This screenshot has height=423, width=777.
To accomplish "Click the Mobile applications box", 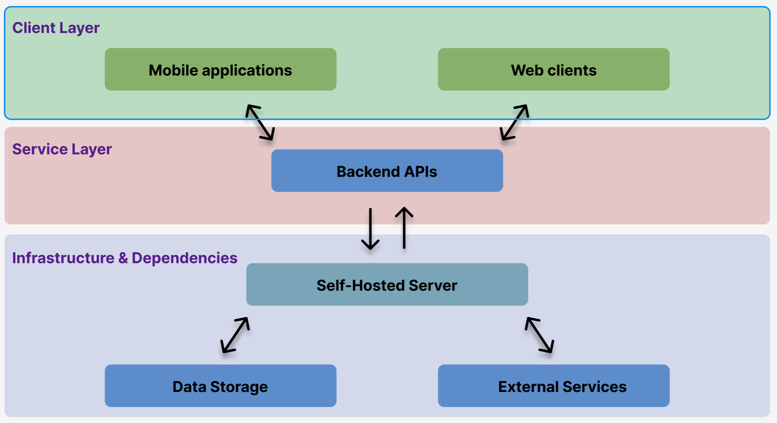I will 220,69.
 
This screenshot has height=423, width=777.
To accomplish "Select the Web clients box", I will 553,69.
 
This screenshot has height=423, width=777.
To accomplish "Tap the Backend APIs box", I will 387,171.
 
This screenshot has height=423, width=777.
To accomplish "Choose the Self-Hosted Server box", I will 387,284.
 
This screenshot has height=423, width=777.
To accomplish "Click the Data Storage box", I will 220,386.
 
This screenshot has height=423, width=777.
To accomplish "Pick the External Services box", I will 553,386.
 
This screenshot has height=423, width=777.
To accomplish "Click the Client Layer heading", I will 56,28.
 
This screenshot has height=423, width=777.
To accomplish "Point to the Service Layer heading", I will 62,149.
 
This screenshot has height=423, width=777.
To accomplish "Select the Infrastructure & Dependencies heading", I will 125,258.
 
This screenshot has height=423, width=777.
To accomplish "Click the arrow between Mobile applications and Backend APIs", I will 260,122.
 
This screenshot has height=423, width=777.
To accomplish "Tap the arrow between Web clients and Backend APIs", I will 514,122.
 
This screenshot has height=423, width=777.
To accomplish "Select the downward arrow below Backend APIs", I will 370,229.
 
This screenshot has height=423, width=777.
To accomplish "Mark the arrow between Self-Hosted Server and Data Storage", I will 235,335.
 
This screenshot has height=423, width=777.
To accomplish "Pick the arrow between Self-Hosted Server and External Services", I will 539,335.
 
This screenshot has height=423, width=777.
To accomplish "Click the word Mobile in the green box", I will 173,71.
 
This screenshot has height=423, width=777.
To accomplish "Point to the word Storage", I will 239,387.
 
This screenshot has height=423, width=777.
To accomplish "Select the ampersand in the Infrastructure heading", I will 123,258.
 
